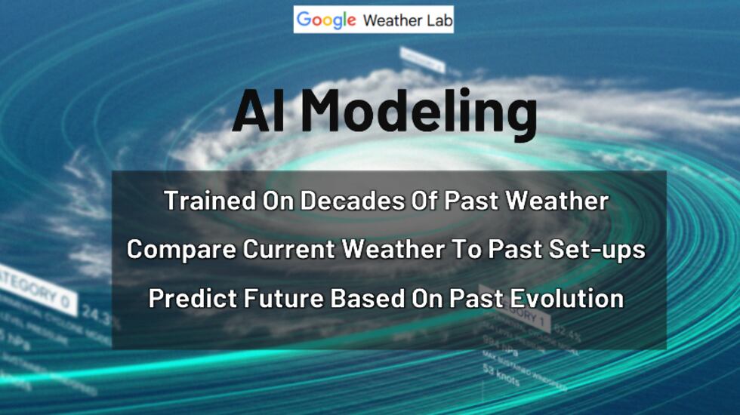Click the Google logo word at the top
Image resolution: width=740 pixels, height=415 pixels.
coord(325,20)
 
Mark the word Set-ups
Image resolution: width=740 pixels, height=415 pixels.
coord(600,249)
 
